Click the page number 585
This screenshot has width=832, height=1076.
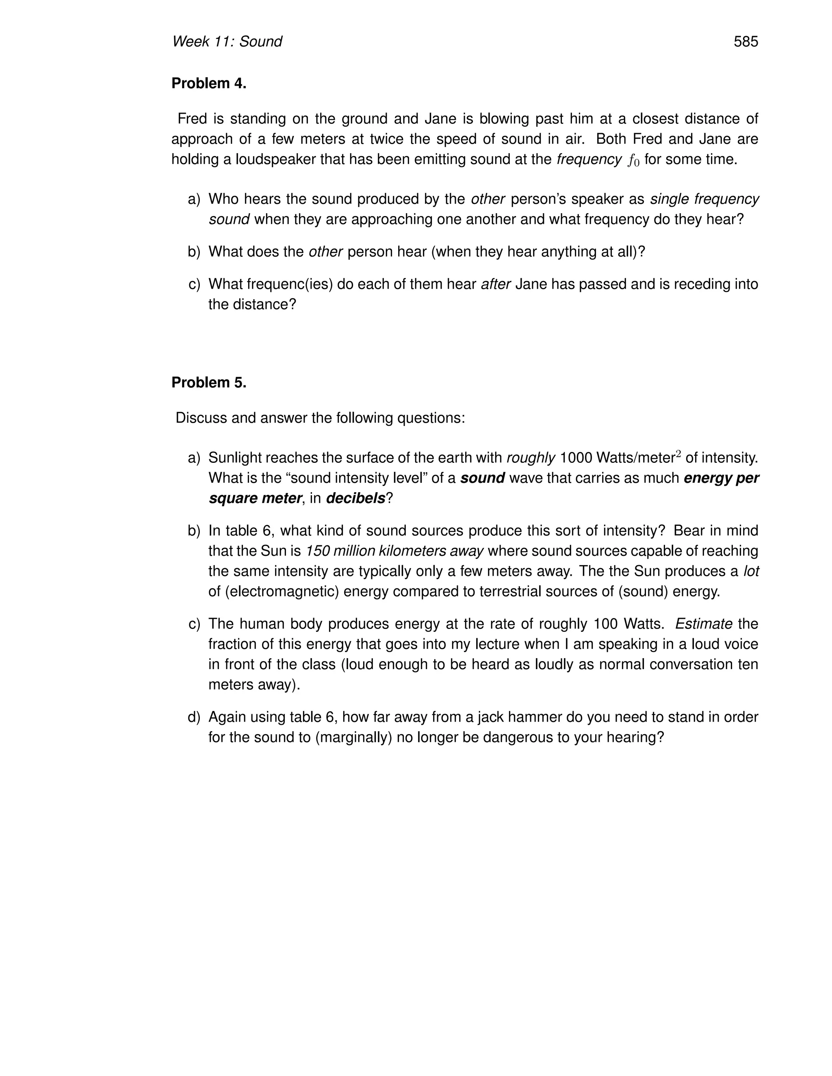click(x=745, y=41)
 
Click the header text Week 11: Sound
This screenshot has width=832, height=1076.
click(x=227, y=41)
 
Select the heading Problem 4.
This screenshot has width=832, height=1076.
click(x=208, y=84)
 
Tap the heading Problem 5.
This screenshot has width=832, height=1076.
click(x=208, y=382)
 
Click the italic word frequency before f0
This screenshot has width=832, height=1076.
click(x=589, y=160)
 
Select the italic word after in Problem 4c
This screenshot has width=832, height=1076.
click(x=495, y=284)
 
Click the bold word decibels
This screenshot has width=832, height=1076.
click(x=355, y=498)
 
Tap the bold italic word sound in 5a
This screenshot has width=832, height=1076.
click(x=483, y=478)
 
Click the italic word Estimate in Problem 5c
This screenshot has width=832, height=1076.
click(x=703, y=624)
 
